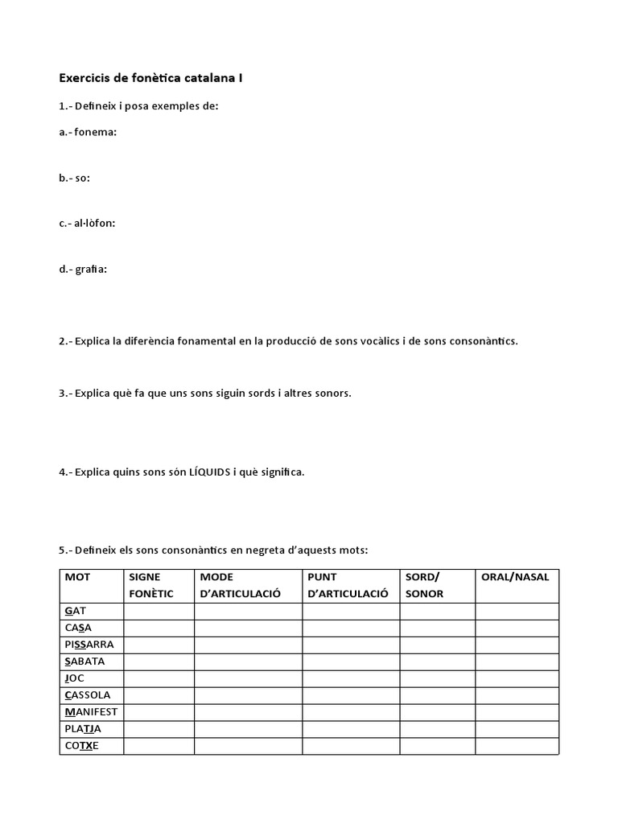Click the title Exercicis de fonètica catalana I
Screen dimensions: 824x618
[150, 78]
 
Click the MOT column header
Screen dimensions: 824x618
[78, 577]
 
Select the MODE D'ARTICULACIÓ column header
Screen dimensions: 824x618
[240, 585]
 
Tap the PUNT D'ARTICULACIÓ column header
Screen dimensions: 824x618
[342, 585]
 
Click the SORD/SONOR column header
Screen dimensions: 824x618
[424, 585]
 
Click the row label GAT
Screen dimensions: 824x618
[75, 612]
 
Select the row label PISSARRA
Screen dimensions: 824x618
[89, 645]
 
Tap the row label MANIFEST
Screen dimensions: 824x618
[91, 712]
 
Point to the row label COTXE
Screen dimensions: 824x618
[82, 746]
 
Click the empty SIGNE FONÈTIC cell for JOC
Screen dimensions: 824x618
[159, 678]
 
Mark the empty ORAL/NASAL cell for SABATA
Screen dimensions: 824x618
[517, 661]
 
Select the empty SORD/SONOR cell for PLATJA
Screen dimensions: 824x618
[437, 729]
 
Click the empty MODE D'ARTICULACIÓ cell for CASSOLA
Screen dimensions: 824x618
[248, 695]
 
